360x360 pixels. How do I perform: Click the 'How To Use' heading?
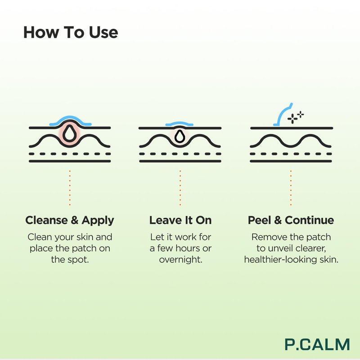point(71,32)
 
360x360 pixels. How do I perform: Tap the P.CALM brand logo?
point(317,344)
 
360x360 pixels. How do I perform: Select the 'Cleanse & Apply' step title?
point(70,220)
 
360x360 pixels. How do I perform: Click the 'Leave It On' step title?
point(180,220)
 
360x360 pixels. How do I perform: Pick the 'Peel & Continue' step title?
point(291,220)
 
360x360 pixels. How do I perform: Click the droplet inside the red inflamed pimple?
point(69,134)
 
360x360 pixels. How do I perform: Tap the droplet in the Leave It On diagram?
point(180,136)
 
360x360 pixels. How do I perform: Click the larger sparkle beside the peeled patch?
point(292,119)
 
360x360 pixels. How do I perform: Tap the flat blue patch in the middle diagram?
point(179,123)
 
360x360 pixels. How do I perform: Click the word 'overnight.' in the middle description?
point(181,260)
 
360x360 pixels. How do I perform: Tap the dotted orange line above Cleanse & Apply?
point(70,188)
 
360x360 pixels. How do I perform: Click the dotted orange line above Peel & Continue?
point(291,188)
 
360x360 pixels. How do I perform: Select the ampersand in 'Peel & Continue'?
point(278,220)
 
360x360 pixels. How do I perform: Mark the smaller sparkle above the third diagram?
point(301,114)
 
